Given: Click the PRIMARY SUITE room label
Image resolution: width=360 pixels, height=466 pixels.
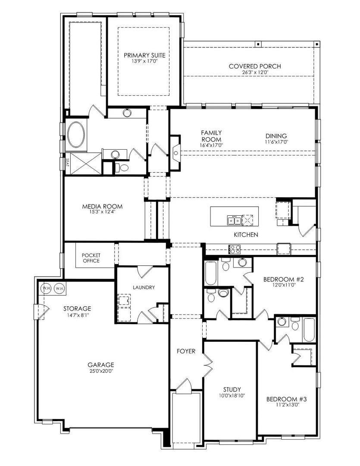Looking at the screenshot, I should click(144, 55).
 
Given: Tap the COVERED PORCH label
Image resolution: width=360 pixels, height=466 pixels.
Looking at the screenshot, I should click(255, 66).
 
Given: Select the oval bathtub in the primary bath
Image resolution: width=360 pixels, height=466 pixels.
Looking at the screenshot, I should click(77, 131).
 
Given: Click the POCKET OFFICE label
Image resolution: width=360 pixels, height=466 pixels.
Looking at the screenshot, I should click(91, 258).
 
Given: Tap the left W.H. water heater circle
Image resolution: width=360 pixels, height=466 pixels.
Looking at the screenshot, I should click(46, 288).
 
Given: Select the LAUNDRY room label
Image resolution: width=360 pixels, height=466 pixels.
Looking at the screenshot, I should click(144, 287).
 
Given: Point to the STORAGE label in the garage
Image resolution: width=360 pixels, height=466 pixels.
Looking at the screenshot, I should click(77, 309).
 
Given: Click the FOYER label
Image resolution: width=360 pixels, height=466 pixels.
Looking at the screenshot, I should click(186, 351).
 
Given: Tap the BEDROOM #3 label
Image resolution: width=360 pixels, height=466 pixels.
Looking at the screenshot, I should click(286, 399).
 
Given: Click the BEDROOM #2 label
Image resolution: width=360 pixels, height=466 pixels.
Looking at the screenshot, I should click(284, 279).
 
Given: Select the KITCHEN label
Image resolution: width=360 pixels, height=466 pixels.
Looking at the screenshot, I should click(246, 235).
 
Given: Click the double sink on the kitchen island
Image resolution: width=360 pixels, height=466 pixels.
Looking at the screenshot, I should click(234, 221).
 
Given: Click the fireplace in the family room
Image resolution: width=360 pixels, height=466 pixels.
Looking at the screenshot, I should click(175, 153).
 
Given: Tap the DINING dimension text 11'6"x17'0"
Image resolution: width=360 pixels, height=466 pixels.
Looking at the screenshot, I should click(276, 142).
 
